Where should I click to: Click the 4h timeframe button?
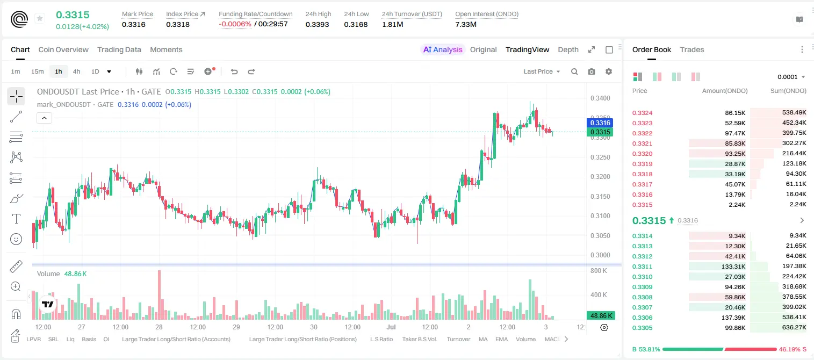pos(76,71)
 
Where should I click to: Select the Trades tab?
pos(692,49)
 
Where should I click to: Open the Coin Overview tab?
pos(63,49)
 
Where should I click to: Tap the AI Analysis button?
pos(443,49)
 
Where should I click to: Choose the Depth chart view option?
pos(568,49)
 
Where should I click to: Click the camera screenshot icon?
pos(592,71)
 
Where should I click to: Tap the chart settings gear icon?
pos(609,71)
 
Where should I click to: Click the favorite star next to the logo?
pos(40,18)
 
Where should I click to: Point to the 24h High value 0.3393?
pos(317,24)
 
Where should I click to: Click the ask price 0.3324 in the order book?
pos(642,113)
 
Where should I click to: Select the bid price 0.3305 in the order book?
pos(642,328)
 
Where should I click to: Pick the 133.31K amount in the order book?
pos(733,267)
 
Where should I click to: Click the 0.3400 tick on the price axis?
pos(600,98)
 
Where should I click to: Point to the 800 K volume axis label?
pos(599,271)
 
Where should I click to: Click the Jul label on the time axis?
pos(391,327)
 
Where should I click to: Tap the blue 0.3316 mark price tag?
pos(600,123)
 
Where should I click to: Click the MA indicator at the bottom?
pos(483,339)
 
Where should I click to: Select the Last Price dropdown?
pos(542,71)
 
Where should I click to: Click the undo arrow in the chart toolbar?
pos(234,71)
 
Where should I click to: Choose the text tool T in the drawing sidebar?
pos(16,219)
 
